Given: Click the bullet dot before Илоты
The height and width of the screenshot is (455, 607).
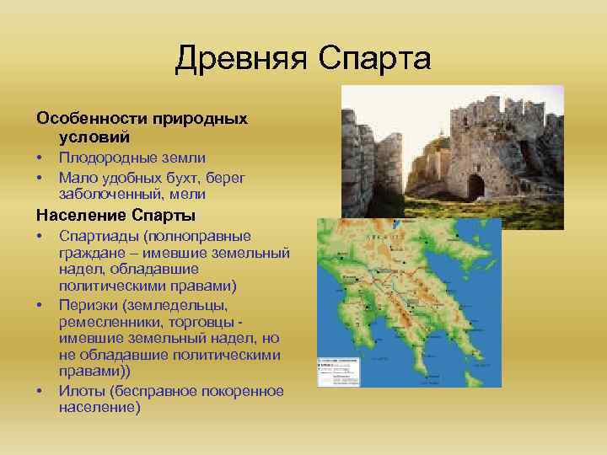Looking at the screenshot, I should coord(40,390).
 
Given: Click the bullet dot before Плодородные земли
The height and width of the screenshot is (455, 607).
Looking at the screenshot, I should coord(40,158).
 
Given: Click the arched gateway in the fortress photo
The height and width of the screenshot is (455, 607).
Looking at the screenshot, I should coord(476,186).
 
